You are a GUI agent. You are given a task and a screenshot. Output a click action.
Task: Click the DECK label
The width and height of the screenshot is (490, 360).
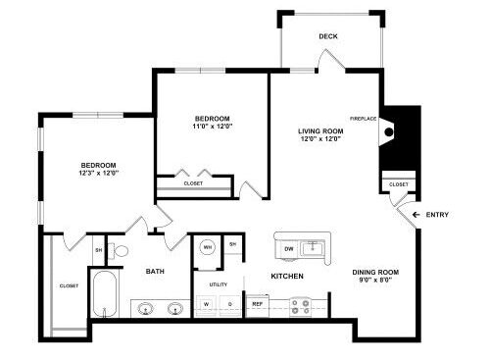(x=328, y=36)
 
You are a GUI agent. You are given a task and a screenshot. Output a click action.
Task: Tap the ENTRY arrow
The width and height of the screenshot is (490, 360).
(x=416, y=215)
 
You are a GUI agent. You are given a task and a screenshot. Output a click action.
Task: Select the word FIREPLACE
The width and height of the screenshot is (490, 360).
(x=364, y=119)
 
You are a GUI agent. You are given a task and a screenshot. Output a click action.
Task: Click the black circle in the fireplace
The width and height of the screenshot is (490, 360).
(x=389, y=132)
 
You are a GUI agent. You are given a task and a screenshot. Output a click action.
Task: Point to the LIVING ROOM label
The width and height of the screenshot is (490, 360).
(x=320, y=131)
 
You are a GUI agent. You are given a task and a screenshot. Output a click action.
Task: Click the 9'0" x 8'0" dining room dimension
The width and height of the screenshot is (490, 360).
(x=375, y=280)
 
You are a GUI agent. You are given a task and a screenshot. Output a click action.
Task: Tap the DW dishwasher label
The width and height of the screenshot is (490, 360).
(x=289, y=249)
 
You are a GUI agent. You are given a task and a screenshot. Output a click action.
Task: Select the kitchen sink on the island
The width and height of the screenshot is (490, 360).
(x=313, y=248)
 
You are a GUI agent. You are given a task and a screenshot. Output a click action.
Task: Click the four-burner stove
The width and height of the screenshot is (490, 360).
(x=300, y=307)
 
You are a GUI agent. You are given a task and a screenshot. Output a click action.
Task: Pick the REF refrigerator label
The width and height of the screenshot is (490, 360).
(x=258, y=304)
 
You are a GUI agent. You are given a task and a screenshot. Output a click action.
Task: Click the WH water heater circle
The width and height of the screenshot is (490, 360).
(x=208, y=247)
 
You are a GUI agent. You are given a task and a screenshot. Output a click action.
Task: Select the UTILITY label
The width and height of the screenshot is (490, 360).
(x=219, y=284)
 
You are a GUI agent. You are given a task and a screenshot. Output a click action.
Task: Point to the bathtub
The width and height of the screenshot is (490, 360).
(x=105, y=294)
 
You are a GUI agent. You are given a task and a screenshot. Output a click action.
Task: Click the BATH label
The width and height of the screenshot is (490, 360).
(x=155, y=271)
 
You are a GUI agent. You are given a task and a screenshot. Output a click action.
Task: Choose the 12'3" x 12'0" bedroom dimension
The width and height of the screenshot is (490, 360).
(x=98, y=173)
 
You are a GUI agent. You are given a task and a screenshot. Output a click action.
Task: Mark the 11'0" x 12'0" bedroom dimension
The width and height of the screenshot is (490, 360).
(x=213, y=127)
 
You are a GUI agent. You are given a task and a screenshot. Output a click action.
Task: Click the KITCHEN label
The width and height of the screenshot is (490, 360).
(x=287, y=276)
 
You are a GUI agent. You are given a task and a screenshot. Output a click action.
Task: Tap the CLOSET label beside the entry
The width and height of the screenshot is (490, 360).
(x=399, y=184)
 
